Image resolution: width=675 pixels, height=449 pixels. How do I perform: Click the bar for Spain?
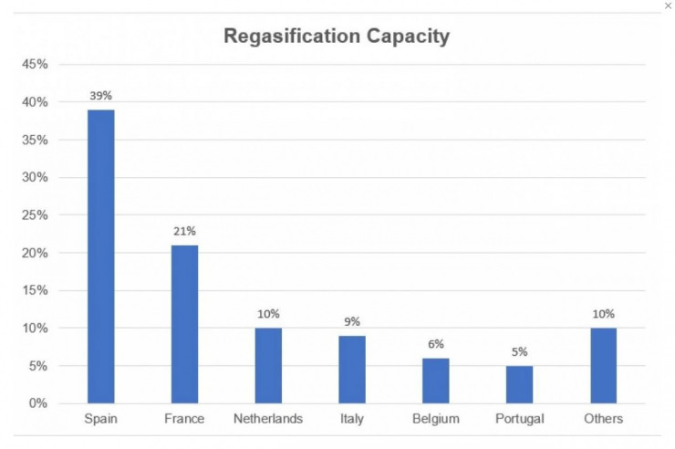point(100,256)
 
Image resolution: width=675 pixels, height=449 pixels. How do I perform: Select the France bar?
point(184,324)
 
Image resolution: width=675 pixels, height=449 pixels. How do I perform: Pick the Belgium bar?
point(435,381)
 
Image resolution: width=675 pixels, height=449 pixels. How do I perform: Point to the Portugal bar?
point(519,384)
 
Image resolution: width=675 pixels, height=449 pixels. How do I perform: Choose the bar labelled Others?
point(603,365)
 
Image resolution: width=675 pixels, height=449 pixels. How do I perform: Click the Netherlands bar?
point(268,365)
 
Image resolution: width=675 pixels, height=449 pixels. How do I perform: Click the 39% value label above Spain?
point(100,95)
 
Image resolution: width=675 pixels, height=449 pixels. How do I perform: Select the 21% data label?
point(184,230)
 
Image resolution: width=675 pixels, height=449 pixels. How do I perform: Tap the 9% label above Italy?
point(352,321)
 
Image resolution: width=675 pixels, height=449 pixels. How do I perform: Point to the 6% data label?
point(435,344)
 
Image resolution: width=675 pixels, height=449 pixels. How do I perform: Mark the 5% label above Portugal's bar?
point(519,351)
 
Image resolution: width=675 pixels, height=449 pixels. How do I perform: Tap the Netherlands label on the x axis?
point(268,419)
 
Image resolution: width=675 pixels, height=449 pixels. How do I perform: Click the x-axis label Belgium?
point(435,419)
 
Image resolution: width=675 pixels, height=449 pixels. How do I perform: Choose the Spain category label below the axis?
point(100,419)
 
